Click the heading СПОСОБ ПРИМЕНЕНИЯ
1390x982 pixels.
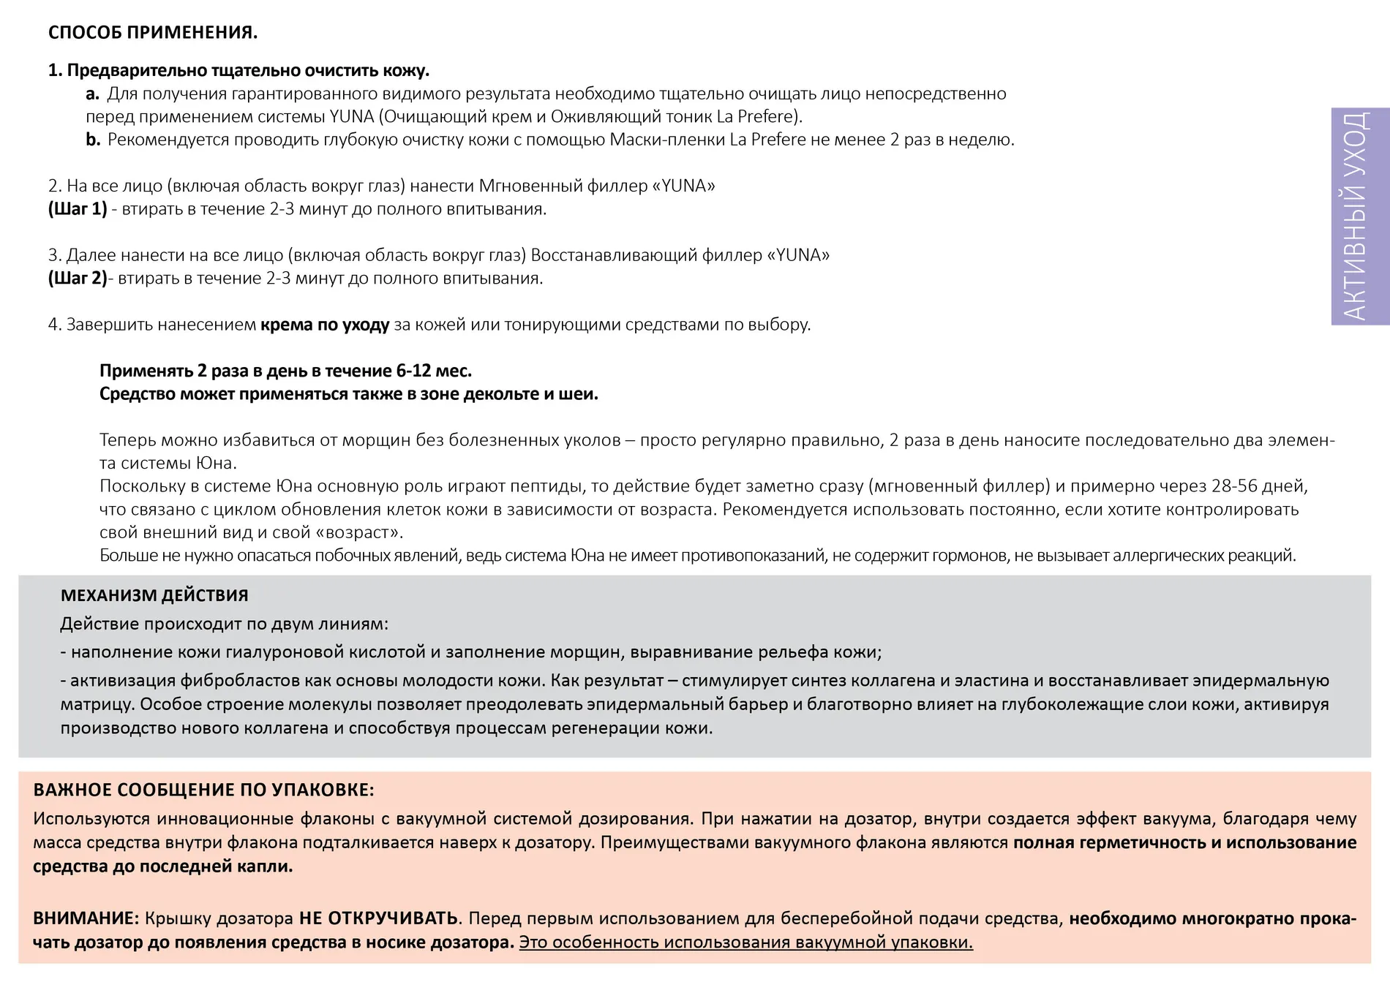click(152, 33)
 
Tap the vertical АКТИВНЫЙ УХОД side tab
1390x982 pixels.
click(1359, 216)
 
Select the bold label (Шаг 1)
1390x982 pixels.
click(78, 209)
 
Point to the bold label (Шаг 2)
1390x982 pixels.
click(78, 279)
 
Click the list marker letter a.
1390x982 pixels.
click(92, 94)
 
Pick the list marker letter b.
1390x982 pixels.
click(93, 140)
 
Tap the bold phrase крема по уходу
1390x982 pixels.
click(325, 325)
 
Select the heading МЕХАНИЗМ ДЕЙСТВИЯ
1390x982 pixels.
click(154, 595)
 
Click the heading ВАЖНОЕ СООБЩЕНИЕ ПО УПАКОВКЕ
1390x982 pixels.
click(203, 790)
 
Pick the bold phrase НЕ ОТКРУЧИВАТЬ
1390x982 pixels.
click(378, 918)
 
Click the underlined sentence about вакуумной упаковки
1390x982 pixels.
click(745, 943)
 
